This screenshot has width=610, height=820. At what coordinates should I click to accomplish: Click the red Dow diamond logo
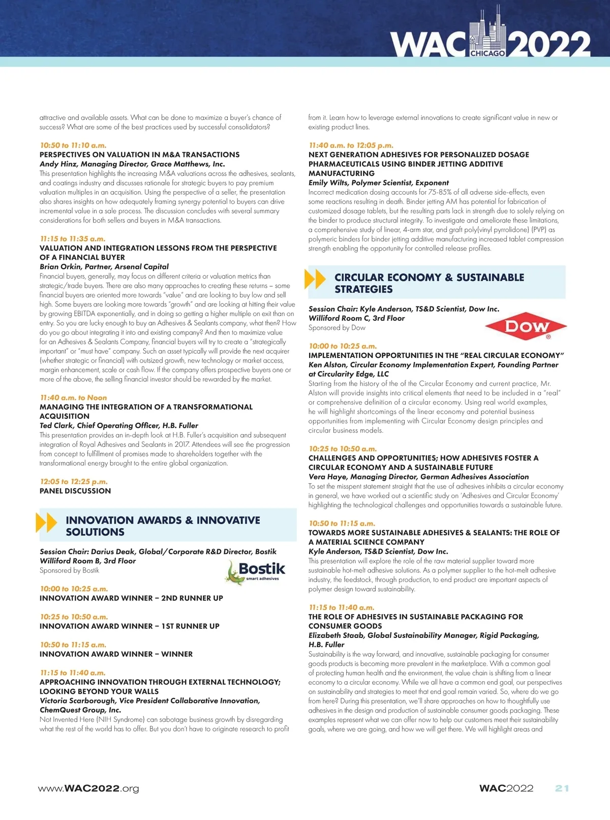point(526,326)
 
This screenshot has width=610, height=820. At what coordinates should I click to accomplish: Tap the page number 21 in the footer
point(562,788)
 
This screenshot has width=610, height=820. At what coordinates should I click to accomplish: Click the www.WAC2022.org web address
point(88,788)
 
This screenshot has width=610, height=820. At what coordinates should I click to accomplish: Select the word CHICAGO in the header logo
point(487,53)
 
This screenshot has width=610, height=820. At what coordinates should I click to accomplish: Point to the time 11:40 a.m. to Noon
point(74,398)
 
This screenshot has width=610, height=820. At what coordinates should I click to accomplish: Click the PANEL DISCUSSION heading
point(75,491)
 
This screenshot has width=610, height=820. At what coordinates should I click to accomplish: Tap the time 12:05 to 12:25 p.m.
point(74,481)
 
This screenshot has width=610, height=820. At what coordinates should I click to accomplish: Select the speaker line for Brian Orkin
point(104,266)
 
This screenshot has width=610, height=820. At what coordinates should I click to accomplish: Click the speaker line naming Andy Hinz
point(132,164)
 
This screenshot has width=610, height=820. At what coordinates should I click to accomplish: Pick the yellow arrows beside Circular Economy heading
point(315,279)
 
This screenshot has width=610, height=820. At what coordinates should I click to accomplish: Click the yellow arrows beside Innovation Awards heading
point(47,523)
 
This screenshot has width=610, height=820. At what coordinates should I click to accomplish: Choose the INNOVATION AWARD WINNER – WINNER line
point(116,654)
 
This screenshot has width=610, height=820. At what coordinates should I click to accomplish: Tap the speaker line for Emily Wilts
point(379,183)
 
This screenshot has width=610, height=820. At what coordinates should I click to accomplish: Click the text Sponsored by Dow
point(337,327)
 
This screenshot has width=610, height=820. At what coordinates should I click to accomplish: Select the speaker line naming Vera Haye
point(418,477)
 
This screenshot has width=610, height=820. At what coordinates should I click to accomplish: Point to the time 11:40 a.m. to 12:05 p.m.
point(351,145)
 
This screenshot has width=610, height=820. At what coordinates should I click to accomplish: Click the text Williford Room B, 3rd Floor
point(88,561)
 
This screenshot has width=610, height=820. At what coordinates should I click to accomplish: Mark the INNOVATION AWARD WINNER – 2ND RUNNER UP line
point(131,598)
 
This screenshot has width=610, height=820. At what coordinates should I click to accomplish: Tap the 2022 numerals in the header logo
point(550,44)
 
